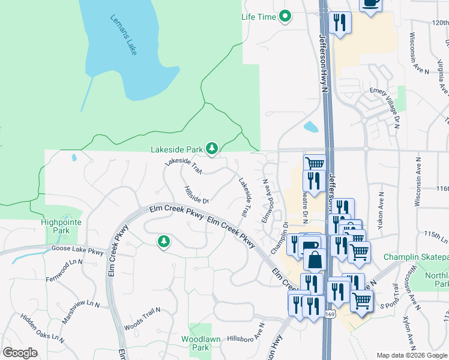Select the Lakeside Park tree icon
click(211, 148)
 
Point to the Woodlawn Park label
click(195, 343)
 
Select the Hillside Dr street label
click(196, 196)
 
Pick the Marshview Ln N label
click(79, 310)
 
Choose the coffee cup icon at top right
click(370, 4)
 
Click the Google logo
click(20, 353)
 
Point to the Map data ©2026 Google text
click(412, 355)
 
